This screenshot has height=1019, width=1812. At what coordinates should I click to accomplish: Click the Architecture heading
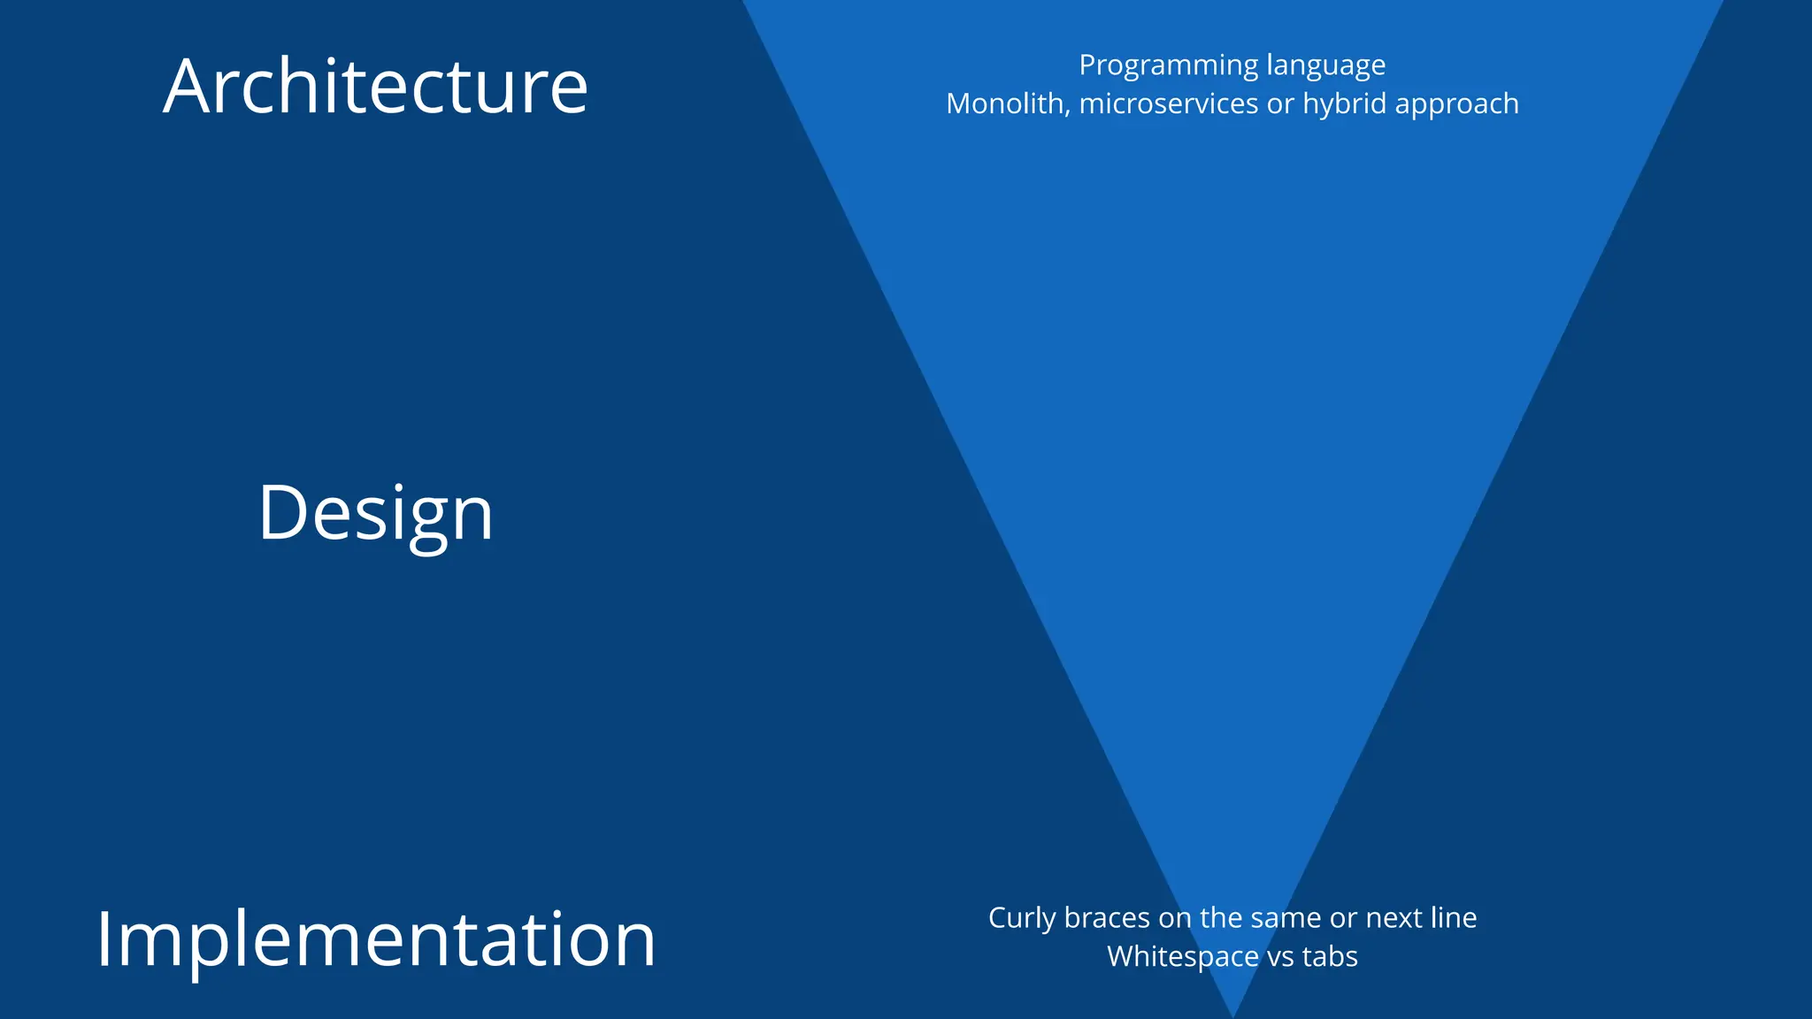[x=375, y=87]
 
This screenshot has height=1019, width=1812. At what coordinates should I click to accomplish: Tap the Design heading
[x=375, y=513]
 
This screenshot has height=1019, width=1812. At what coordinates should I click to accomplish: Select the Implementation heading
[x=375, y=939]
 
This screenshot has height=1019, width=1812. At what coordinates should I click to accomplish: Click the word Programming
[x=1168, y=66]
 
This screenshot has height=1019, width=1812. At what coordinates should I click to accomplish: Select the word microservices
[x=1169, y=104]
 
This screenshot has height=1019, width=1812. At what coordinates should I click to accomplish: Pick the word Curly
[x=1021, y=919]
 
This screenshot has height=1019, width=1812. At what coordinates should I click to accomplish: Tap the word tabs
[x=1329, y=957]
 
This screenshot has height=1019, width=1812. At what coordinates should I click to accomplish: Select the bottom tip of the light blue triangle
[x=1232, y=1014]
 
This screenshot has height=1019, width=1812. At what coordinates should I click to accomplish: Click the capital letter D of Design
[x=280, y=513]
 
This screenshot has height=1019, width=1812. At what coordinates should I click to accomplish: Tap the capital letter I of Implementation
[x=105, y=939]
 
